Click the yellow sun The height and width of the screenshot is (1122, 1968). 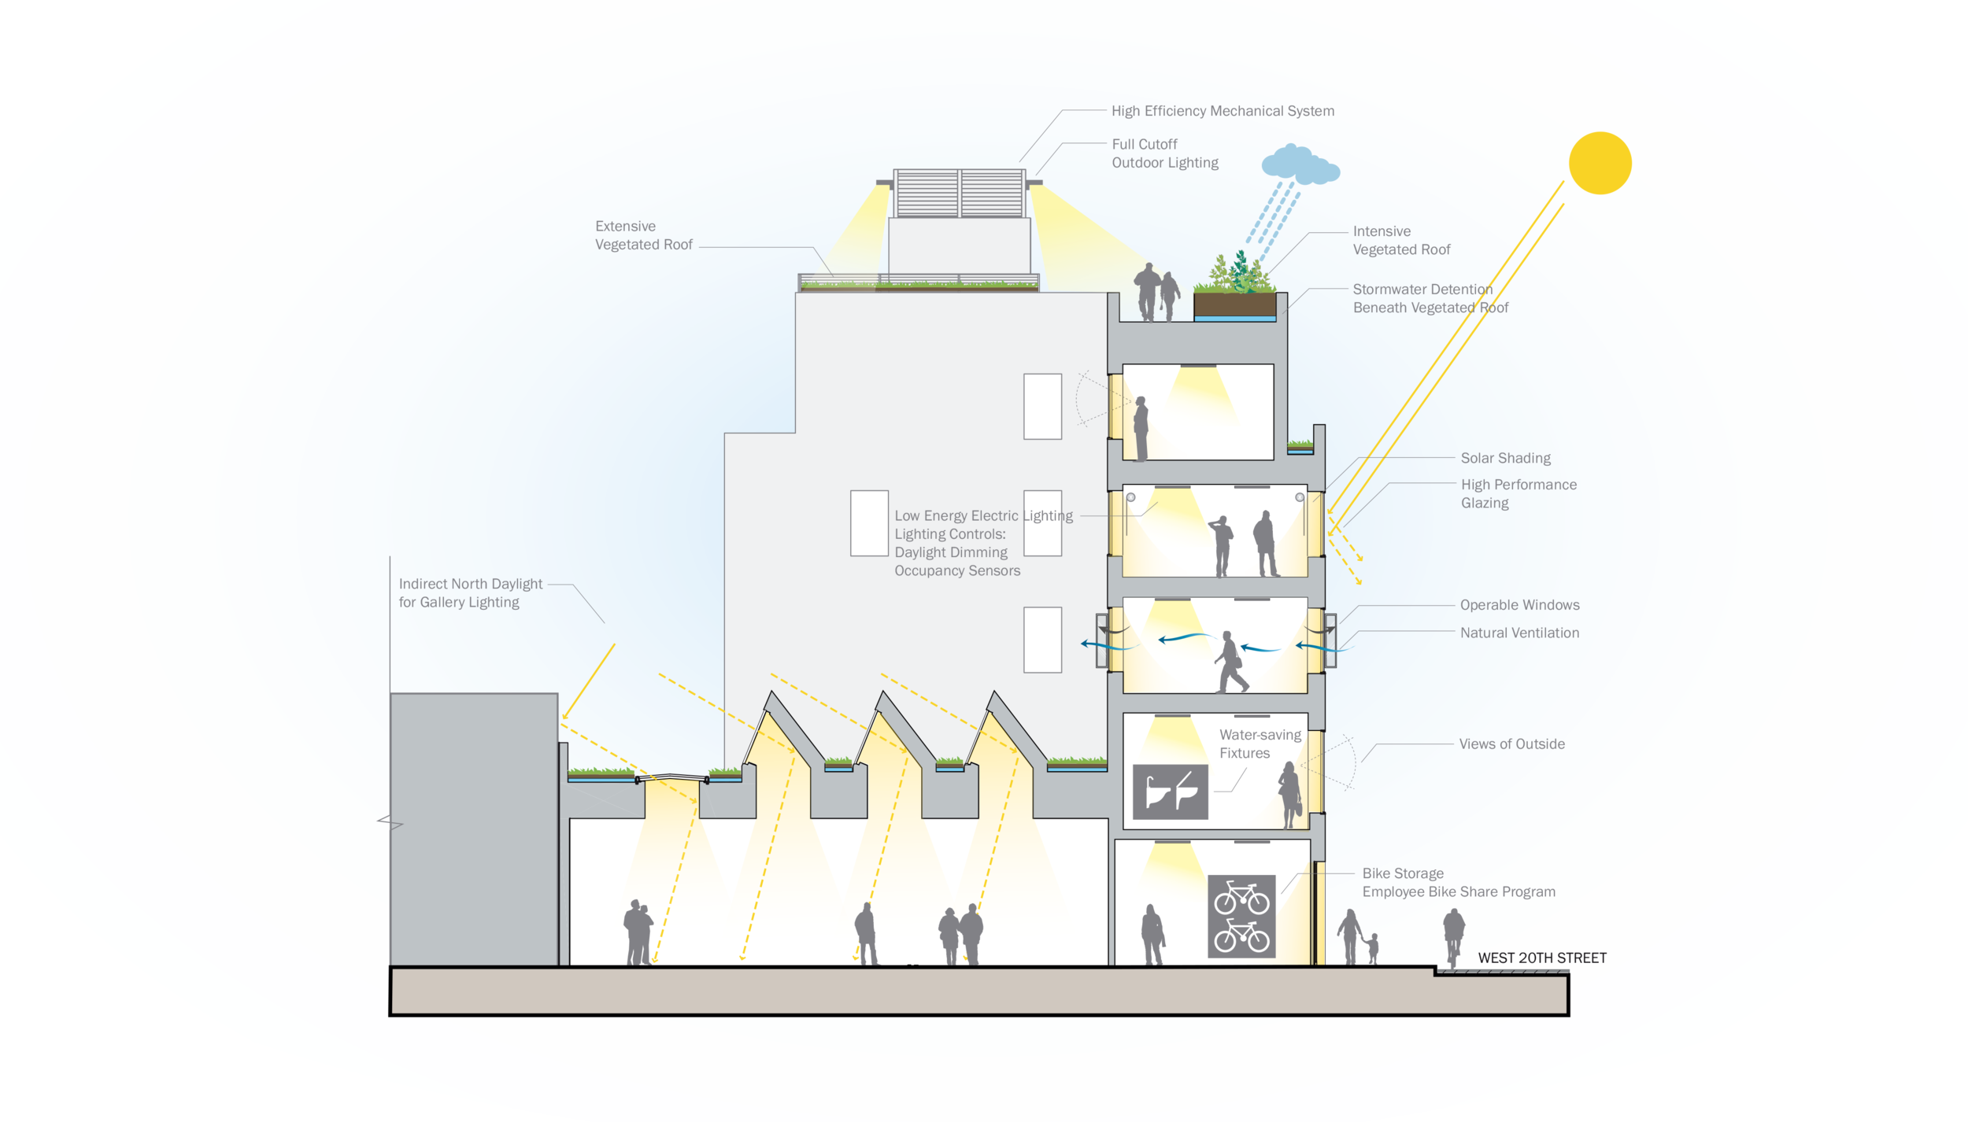(x=1600, y=163)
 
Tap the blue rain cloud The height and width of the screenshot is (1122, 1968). (x=1300, y=164)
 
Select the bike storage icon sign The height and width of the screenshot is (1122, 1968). (x=1241, y=917)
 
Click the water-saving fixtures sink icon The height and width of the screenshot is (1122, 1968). (x=1170, y=792)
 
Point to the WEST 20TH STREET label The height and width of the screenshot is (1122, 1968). (x=1542, y=958)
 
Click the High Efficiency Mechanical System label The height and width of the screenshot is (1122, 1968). (x=1223, y=111)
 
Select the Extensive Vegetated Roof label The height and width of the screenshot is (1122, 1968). (x=643, y=235)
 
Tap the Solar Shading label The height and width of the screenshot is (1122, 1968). (x=1505, y=458)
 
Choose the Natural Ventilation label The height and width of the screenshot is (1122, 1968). (x=1519, y=633)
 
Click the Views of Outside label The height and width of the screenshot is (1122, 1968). (x=1511, y=744)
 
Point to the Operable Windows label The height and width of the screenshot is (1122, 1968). (x=1519, y=604)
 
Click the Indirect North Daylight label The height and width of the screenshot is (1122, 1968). (x=470, y=584)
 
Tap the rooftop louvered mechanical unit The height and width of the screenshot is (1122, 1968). (x=959, y=193)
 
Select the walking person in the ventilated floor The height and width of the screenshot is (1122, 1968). (x=1230, y=662)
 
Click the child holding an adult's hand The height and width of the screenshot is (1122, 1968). (x=1373, y=948)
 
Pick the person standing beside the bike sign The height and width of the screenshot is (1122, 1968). (x=1152, y=934)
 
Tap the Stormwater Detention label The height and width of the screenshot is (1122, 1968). (x=1430, y=298)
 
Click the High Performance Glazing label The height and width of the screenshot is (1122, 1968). (x=1519, y=493)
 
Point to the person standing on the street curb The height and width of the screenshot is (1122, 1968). (x=1453, y=937)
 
